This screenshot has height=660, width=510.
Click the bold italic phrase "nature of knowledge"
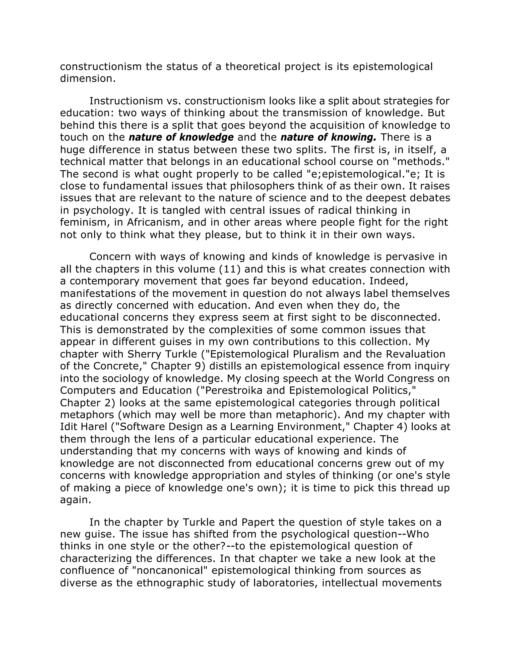(x=181, y=137)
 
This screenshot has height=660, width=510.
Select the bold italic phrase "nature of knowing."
(x=328, y=137)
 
